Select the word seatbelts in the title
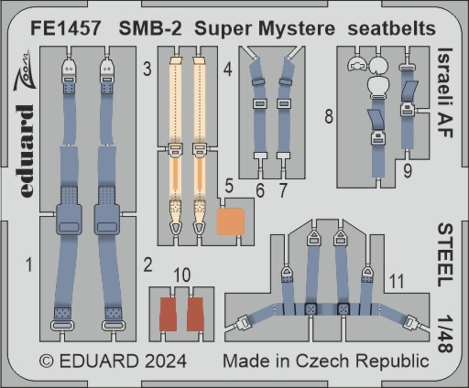[x=392, y=29]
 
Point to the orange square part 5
[x=230, y=221]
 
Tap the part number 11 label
[x=397, y=281]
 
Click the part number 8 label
[x=329, y=116]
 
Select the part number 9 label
[x=408, y=172]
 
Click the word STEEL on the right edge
[x=446, y=255]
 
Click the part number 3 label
[x=147, y=69]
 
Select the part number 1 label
[x=29, y=265]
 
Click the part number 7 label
[x=283, y=190]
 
